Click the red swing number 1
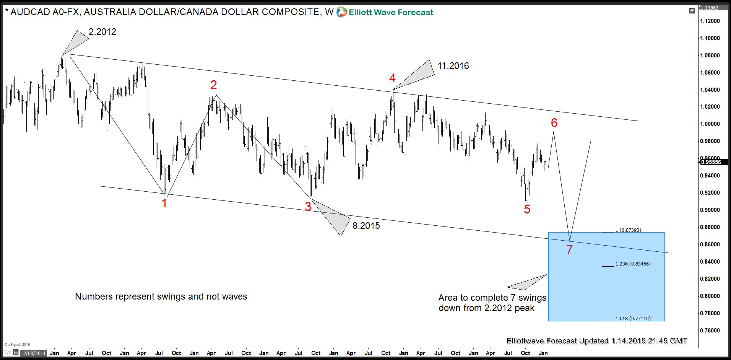coord(164,203)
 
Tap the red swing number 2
coord(214,85)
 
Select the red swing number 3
coord(308,207)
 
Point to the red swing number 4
coord(392,78)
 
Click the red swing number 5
coord(527,209)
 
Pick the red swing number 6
coord(554,123)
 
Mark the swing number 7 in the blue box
coord(569,250)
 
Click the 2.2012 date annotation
coord(102,32)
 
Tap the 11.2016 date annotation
coord(453,66)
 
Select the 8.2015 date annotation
coord(366,226)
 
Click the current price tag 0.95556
coord(710,162)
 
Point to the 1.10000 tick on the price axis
coord(710,38)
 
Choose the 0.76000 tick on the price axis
coord(710,331)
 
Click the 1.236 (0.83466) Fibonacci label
coord(633,264)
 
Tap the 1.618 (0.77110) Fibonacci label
coord(633,319)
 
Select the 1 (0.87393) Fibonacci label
coord(628,230)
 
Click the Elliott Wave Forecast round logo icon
coord(341,12)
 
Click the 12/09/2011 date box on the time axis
coord(33,353)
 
